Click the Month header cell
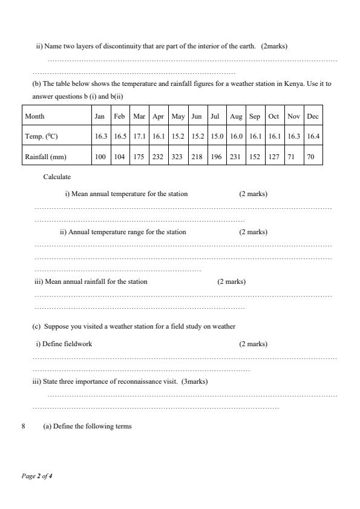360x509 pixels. click(x=34, y=116)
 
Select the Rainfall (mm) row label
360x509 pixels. click(x=45, y=157)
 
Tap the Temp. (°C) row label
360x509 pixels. click(x=42, y=136)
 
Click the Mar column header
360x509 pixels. click(x=139, y=116)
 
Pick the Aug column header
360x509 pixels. click(x=235, y=116)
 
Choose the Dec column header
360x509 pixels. click(x=312, y=116)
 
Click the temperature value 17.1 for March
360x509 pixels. click(x=139, y=136)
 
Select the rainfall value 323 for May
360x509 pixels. click(x=177, y=157)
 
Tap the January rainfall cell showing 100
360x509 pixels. click(x=100, y=157)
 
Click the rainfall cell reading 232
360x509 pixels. click(x=158, y=157)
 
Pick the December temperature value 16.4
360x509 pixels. click(x=313, y=136)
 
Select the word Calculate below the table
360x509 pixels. click(x=57, y=177)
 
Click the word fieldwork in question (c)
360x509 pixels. click(x=79, y=344)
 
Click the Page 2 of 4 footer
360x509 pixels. click(x=37, y=476)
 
